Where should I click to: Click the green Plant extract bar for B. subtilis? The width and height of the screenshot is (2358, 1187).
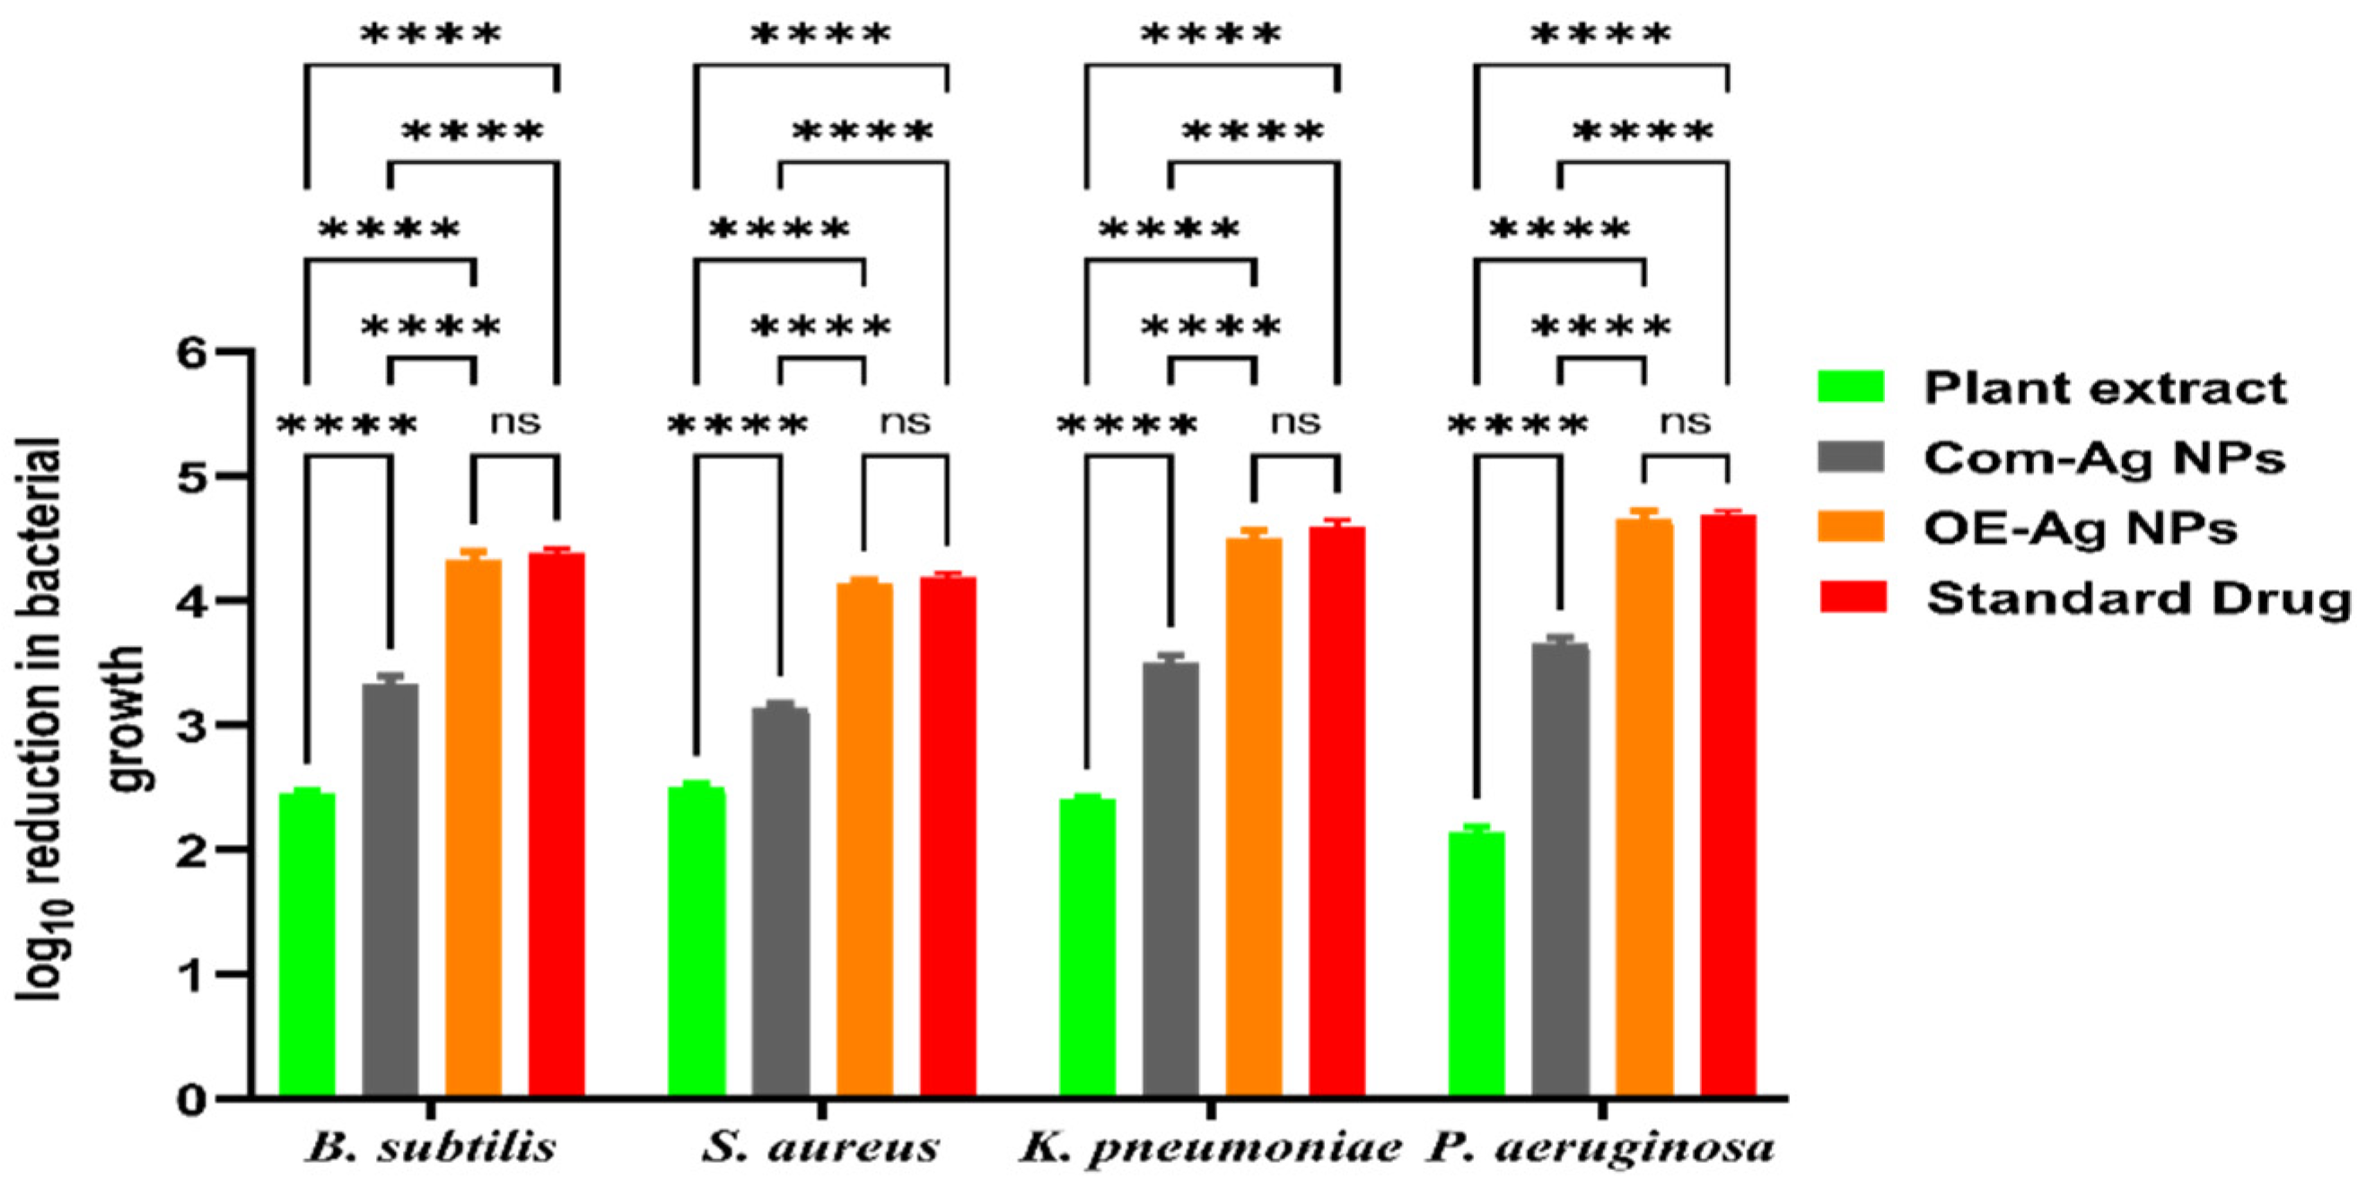click(x=307, y=943)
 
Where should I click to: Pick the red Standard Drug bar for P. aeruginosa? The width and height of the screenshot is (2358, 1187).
click(x=1727, y=806)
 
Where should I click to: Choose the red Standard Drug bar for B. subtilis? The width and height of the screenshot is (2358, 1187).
click(x=557, y=824)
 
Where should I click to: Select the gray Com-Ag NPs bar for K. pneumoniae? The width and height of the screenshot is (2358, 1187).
click(x=1170, y=878)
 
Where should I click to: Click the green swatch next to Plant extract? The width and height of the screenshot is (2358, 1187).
click(x=1850, y=387)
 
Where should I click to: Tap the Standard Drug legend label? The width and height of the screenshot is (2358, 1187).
click(x=2138, y=598)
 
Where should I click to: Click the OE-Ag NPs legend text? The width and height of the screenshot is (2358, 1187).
click(x=2080, y=528)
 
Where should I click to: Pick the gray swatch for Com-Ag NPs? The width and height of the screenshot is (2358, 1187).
click(x=1850, y=457)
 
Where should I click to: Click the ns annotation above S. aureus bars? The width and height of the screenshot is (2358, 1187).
click(x=906, y=422)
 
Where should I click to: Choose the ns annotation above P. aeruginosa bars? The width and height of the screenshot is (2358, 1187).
click(x=1685, y=422)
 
